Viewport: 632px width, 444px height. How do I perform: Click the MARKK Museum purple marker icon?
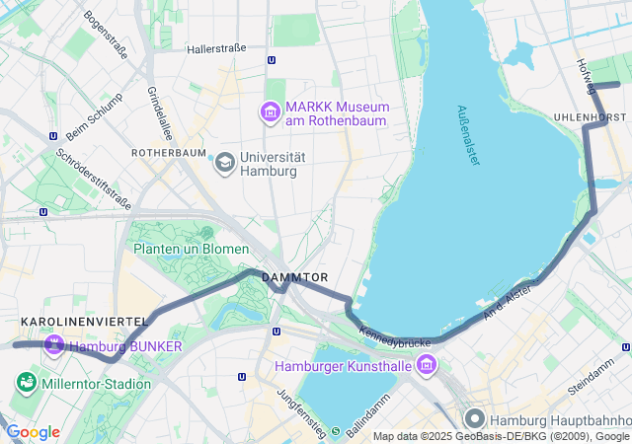tap(269, 112)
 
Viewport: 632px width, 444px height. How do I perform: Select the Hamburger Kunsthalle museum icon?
tap(426, 366)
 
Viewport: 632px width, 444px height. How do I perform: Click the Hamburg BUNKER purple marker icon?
tap(53, 345)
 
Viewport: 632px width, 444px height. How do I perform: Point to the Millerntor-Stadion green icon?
tap(26, 382)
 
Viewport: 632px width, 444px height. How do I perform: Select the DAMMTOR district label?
tap(293, 279)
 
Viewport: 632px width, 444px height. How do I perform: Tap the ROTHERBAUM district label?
tap(169, 154)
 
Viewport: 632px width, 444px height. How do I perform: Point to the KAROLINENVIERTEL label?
tap(84, 322)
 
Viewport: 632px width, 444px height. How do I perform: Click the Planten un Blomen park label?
tap(192, 249)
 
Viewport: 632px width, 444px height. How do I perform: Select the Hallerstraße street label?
tap(216, 47)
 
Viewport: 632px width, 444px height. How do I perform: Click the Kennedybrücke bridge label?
tap(395, 336)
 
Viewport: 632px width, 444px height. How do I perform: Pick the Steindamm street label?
tap(592, 381)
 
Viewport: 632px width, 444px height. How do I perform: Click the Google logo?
tap(34, 432)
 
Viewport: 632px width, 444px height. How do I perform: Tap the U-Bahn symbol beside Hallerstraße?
tap(272, 59)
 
